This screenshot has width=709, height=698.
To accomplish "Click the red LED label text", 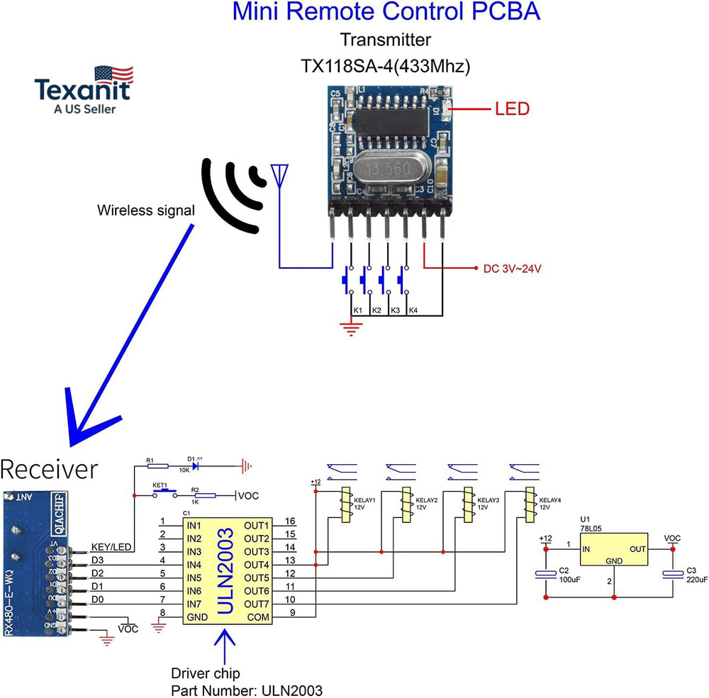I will (512, 109).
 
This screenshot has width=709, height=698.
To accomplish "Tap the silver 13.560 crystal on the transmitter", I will (387, 171).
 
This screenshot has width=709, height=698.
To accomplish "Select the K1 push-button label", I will (358, 311).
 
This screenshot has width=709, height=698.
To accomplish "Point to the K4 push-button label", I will (413, 311).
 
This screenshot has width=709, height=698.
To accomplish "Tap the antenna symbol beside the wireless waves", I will (279, 174).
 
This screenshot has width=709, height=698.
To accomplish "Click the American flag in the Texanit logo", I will (113, 74).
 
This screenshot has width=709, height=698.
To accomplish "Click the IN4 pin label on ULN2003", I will (196, 565).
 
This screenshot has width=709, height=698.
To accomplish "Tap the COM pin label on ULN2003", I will (258, 618).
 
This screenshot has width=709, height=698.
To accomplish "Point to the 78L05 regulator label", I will (590, 528).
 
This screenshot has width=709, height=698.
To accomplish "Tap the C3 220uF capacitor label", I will (696, 575).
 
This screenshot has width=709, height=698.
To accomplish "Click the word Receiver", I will (49, 469).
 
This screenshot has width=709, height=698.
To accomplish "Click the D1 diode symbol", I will (194, 466).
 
